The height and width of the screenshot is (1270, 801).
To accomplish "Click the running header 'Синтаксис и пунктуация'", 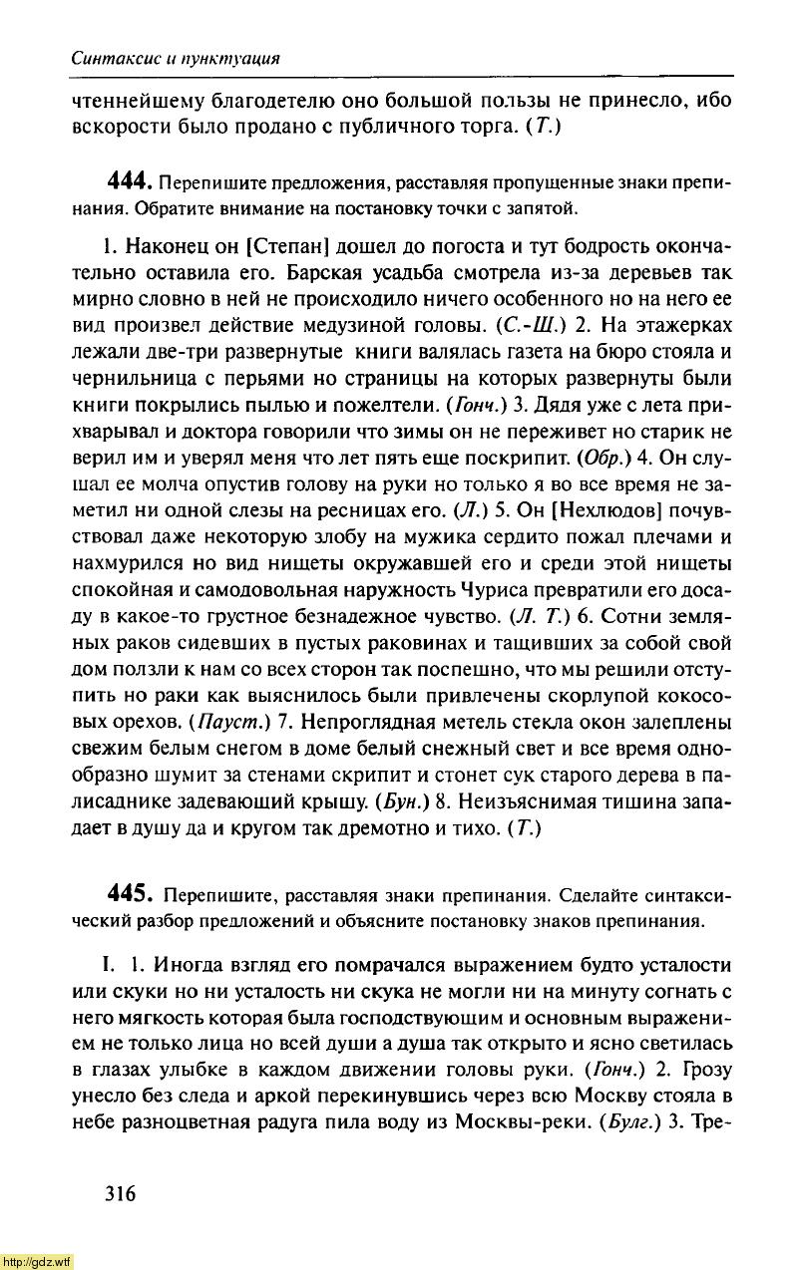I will (x=175, y=58).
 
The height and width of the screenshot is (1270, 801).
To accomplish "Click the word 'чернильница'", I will (x=133, y=380).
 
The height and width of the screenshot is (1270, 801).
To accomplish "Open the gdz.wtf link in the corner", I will (x=37, y=1261).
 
